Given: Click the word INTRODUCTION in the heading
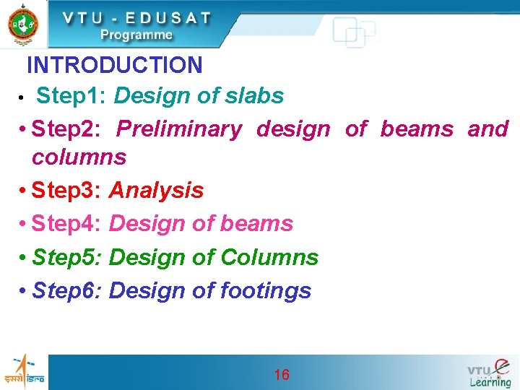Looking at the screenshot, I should (114, 66).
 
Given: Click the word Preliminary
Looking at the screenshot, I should (179, 129).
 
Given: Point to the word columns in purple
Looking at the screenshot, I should (79, 157).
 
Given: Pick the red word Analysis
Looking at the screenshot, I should (156, 191).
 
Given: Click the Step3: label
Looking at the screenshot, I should (69, 191).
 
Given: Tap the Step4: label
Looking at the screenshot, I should (69, 224).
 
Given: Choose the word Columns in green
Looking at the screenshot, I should (269, 257).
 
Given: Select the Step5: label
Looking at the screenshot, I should (69, 257).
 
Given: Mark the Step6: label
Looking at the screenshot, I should (69, 290).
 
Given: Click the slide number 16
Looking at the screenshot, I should (282, 374).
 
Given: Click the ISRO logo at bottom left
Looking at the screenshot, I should (24, 371).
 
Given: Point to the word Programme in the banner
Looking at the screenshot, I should (136, 35).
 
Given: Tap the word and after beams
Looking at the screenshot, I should (488, 129).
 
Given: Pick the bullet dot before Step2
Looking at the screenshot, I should (24, 130).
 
